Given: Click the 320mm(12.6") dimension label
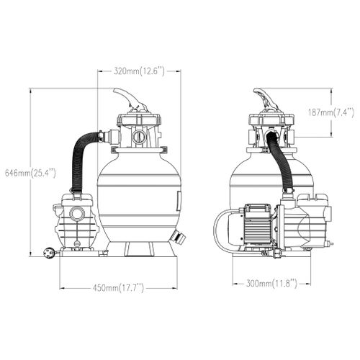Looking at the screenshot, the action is pos(139,71).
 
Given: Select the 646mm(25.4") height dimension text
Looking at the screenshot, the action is pos(30,173).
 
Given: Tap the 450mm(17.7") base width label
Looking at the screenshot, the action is pos(118,288).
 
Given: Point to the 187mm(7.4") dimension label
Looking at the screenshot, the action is pos(331,112).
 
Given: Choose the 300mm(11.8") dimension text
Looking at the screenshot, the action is pos(271,284).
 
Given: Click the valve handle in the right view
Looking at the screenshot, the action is pos(264,99).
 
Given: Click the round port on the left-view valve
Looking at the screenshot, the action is pos(139,138).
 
